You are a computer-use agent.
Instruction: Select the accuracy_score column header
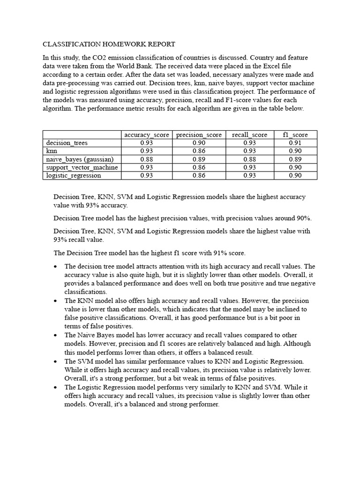coord(147,135)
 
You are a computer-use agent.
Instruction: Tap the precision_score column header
coord(199,135)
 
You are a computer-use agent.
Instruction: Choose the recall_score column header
coord(249,135)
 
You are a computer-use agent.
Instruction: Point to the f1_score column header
coord(295,135)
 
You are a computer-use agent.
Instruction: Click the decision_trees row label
coord(67,143)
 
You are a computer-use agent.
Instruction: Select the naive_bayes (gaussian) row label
coord(76,159)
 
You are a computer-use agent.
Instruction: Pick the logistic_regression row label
coord(73,176)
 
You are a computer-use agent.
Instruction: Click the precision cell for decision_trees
coord(199,143)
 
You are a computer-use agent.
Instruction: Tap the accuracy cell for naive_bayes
coord(147,159)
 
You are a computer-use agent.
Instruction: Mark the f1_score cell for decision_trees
coord(295,143)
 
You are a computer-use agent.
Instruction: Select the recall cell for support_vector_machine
coord(249,167)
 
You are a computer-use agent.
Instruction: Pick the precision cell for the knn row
coord(199,151)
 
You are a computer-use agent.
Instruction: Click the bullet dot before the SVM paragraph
coord(56,361)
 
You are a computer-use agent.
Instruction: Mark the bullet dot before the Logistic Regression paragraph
coord(56,387)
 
